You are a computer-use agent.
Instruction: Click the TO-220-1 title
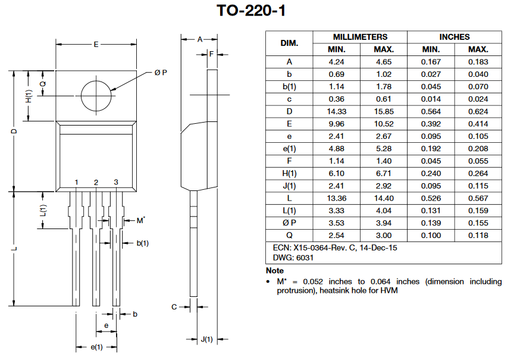pos(251,11)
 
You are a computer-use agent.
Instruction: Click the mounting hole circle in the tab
pos(81,96)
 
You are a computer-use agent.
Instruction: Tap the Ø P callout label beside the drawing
pos(161,73)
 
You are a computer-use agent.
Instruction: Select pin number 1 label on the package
pos(77,182)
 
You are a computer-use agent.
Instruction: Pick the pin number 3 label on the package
pos(116,182)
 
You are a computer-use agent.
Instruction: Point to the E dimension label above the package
pos(96,45)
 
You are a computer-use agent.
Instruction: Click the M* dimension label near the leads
pos(141,220)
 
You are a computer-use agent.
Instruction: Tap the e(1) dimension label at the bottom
pos(96,347)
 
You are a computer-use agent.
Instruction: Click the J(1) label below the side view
pos(206,339)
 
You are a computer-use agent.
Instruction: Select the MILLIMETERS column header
pos(360,37)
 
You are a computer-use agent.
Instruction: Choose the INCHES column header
pos(455,37)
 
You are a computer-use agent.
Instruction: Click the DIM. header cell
pos(289,43)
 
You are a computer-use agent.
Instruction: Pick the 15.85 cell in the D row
pos(384,111)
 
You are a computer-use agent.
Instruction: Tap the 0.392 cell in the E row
pos(431,124)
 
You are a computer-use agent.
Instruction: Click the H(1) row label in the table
pos(289,173)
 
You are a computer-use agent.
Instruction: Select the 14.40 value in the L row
pos(384,198)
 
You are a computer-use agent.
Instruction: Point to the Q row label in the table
pos(289,236)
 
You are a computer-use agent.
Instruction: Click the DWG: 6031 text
pos(293,258)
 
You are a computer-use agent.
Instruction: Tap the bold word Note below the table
pos(275,271)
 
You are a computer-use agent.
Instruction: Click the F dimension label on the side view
pos(212,54)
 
